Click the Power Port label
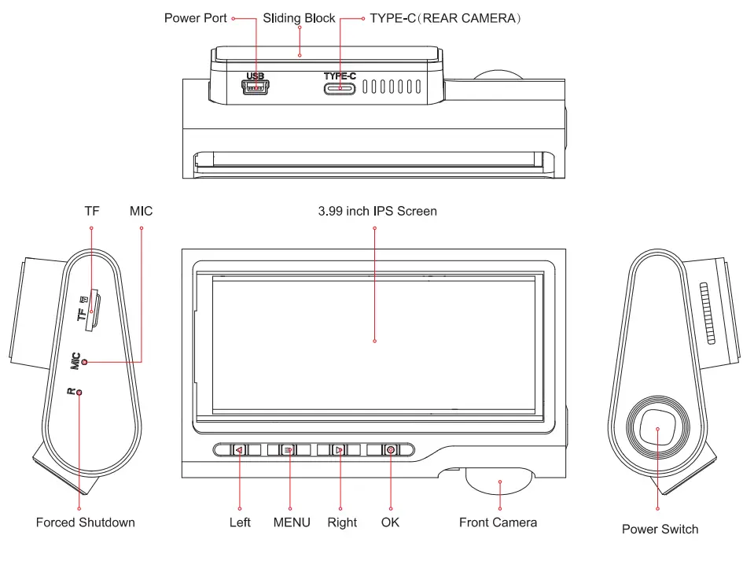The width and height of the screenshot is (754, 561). [x=195, y=17]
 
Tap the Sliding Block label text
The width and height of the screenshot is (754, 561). [x=299, y=17]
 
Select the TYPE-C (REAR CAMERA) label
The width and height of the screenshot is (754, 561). [x=446, y=17]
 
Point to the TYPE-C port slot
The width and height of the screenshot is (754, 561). [x=340, y=88]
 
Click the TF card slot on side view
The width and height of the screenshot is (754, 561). [x=94, y=308]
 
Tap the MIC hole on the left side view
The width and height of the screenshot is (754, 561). [x=85, y=362]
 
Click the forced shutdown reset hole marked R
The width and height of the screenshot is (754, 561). [x=79, y=392]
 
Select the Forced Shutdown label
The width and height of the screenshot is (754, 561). [x=85, y=522]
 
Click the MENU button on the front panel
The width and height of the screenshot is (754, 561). [x=289, y=450]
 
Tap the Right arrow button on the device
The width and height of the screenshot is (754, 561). [x=339, y=450]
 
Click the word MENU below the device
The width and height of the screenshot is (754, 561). [x=292, y=522]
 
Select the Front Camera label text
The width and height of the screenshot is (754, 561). [x=498, y=522]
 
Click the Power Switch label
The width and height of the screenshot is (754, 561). [x=660, y=529]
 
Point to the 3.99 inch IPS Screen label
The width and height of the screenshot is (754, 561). [x=377, y=211]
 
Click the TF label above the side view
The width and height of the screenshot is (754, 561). [x=92, y=211]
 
